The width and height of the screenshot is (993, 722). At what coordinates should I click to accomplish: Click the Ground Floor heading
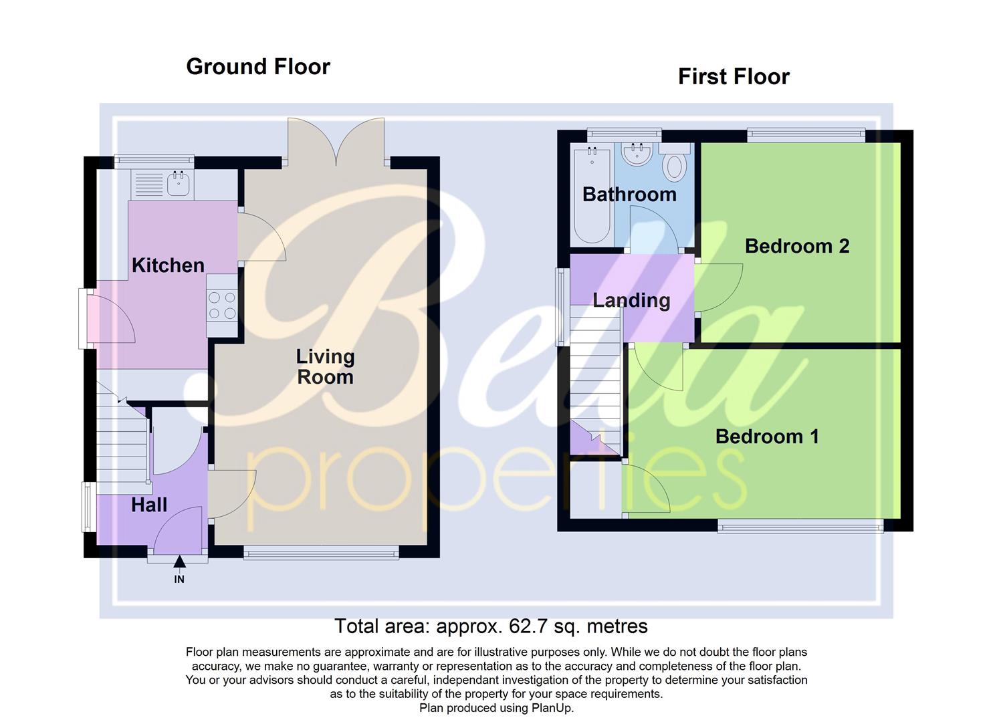coord(257,67)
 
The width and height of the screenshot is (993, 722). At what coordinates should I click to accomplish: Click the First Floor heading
coord(734,77)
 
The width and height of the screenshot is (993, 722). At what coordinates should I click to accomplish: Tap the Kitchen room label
coord(168,265)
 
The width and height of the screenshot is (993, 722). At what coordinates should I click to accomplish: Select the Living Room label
coord(325,367)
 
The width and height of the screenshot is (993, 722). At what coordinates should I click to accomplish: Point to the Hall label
coord(148,505)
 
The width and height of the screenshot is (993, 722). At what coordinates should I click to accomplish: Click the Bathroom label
coord(629,195)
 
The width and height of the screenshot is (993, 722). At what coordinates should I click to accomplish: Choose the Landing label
coord(631,300)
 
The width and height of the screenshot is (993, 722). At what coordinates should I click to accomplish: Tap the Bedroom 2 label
coord(796,246)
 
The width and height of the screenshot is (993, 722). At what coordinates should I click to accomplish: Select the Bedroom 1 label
coord(767,437)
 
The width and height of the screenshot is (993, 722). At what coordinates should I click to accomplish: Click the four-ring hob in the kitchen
coord(222,305)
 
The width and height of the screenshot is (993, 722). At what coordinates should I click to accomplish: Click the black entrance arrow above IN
coord(179,563)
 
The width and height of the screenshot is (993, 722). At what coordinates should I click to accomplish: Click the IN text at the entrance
coord(179,580)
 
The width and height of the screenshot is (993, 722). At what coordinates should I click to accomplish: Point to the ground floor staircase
coord(122,441)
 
